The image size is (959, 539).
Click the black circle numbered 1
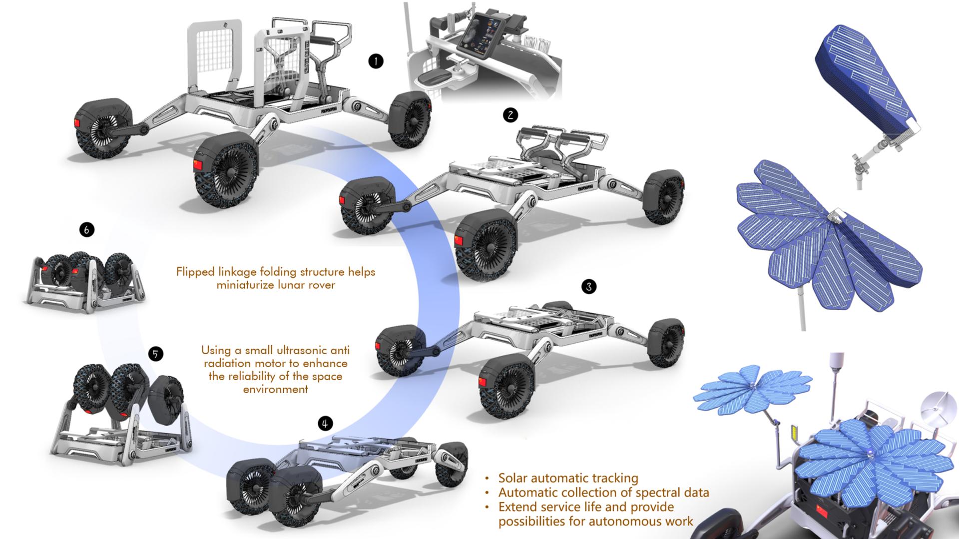pos(376,61)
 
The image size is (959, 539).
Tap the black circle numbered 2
pos(510,115)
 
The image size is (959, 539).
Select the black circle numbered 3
pos(589,287)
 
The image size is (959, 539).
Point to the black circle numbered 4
pos(325,424)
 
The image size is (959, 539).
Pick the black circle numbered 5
pos(156,354)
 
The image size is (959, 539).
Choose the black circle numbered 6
pos(87,230)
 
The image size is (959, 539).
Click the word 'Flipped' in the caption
pos(195,272)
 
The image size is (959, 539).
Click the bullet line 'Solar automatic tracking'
pos(568,478)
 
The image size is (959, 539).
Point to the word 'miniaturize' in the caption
pos(247,285)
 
